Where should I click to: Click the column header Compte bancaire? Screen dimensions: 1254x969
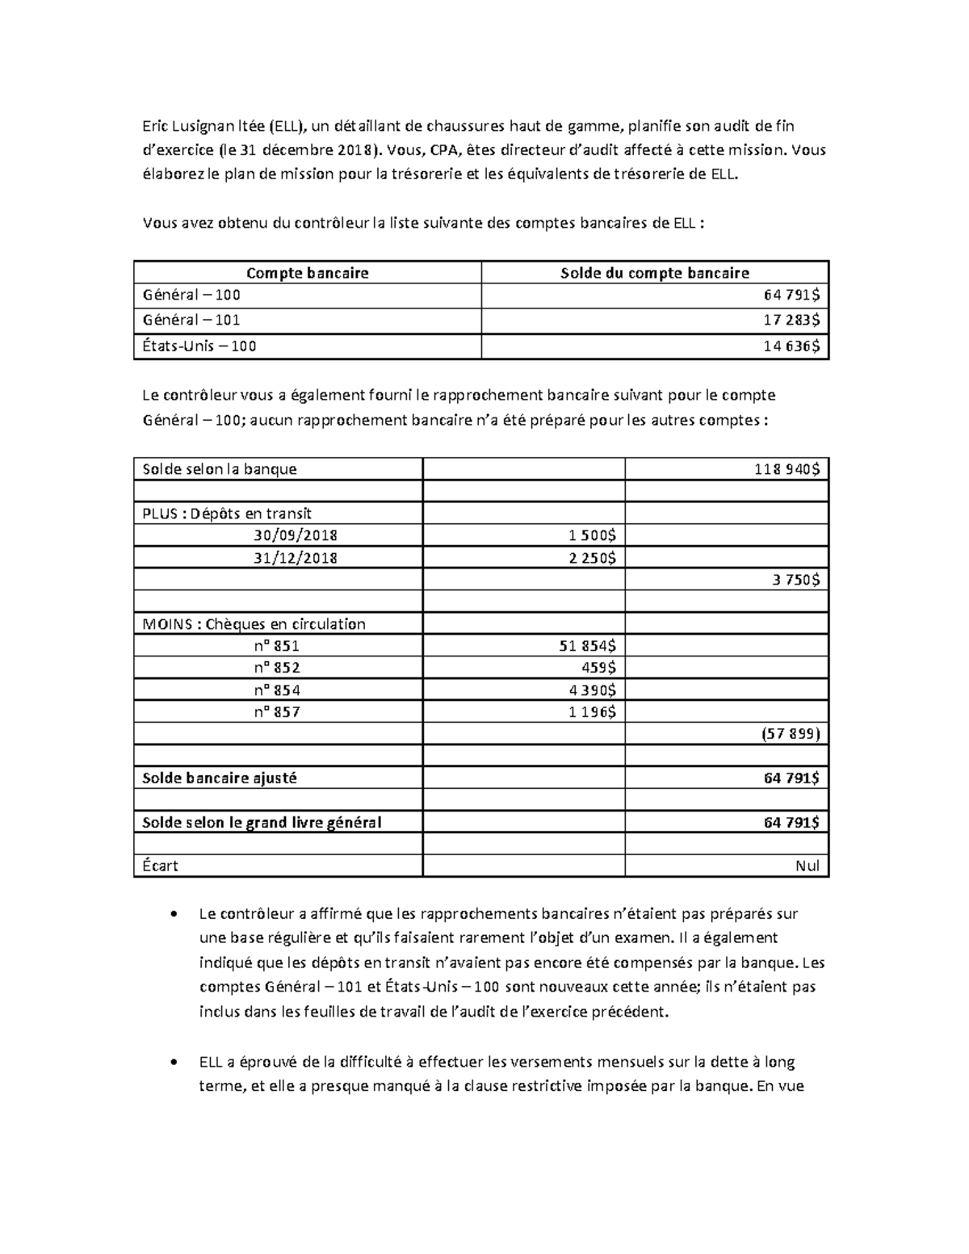307,273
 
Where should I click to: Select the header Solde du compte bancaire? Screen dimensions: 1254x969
654,273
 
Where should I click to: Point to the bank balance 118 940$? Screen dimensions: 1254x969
787,469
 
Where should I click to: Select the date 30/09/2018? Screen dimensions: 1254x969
295,535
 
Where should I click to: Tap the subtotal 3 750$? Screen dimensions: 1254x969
794,580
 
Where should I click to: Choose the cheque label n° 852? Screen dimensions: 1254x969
276,668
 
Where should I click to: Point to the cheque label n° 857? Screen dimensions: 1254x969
276,712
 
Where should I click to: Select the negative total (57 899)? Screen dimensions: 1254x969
790,734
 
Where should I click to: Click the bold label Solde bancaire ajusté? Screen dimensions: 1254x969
220,778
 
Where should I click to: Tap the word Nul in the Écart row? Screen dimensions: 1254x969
807,866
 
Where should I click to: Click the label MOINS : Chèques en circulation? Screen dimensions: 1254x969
254,624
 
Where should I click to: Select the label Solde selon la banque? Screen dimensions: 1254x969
220,469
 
